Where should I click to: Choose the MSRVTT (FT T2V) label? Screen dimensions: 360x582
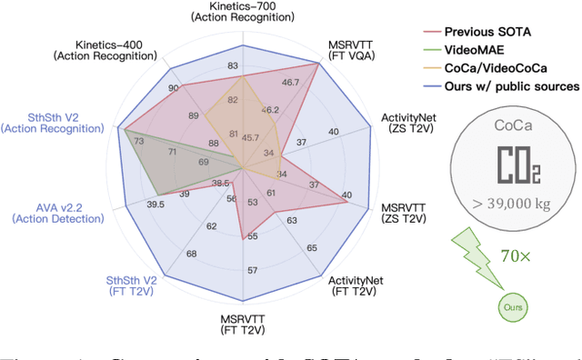click(x=242, y=325)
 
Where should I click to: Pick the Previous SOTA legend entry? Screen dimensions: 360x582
click(x=487, y=32)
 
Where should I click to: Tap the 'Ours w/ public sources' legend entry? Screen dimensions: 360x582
click(x=514, y=86)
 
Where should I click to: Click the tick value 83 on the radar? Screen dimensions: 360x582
click(x=234, y=66)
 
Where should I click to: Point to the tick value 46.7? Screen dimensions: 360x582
click(x=291, y=83)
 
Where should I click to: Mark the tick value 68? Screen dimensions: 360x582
click(x=191, y=253)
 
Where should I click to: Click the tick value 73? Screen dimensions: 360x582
click(x=137, y=142)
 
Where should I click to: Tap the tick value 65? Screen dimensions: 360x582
click(x=312, y=248)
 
